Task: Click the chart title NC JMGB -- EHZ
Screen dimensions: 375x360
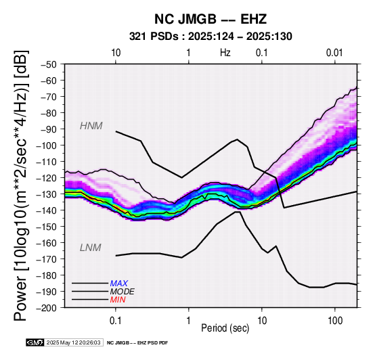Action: click(x=211, y=19)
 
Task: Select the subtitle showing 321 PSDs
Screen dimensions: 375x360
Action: click(x=211, y=37)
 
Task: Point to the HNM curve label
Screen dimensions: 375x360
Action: click(x=91, y=126)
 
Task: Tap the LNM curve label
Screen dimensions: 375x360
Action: click(x=91, y=248)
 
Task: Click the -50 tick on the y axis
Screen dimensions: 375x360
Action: click(x=48, y=64)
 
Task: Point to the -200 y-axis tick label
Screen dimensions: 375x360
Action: click(x=47, y=308)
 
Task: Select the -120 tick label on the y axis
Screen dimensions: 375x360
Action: click(x=47, y=178)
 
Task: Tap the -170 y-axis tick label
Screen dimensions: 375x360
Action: click(x=47, y=259)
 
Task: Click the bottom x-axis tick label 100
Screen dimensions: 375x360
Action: click(x=335, y=321)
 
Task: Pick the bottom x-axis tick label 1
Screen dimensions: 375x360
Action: click(x=189, y=321)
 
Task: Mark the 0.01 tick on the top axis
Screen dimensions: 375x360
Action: click(x=335, y=53)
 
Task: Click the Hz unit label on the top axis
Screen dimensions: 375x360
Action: click(x=225, y=53)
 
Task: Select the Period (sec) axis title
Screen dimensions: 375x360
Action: click(x=225, y=328)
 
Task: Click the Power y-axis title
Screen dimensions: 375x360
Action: click(x=21, y=185)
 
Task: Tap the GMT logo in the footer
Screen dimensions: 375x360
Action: click(x=35, y=342)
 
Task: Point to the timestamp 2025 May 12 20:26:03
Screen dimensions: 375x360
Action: click(x=73, y=342)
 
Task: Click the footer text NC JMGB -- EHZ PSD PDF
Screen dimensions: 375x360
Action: click(x=137, y=343)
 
